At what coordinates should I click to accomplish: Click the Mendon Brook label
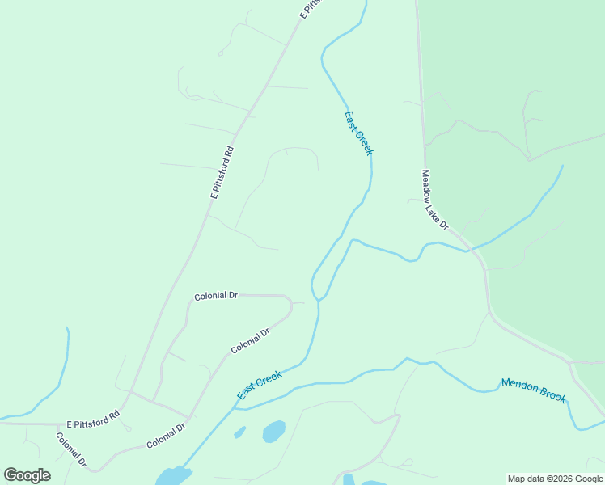tap(534, 390)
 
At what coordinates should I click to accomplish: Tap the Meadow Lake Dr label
tap(434, 200)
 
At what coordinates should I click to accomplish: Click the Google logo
tap(27, 475)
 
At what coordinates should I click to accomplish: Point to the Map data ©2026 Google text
tap(556, 479)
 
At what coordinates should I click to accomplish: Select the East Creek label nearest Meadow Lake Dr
tap(359, 133)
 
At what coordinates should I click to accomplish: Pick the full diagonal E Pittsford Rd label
tap(222, 172)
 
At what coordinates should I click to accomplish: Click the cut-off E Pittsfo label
tap(310, 9)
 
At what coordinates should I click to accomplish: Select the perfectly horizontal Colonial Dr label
tap(216, 297)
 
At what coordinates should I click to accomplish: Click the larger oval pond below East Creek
tap(274, 431)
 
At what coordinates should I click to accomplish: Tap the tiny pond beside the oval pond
tap(240, 432)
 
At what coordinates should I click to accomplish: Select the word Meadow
tap(426, 181)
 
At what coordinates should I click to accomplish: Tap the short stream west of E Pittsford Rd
tap(64, 368)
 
